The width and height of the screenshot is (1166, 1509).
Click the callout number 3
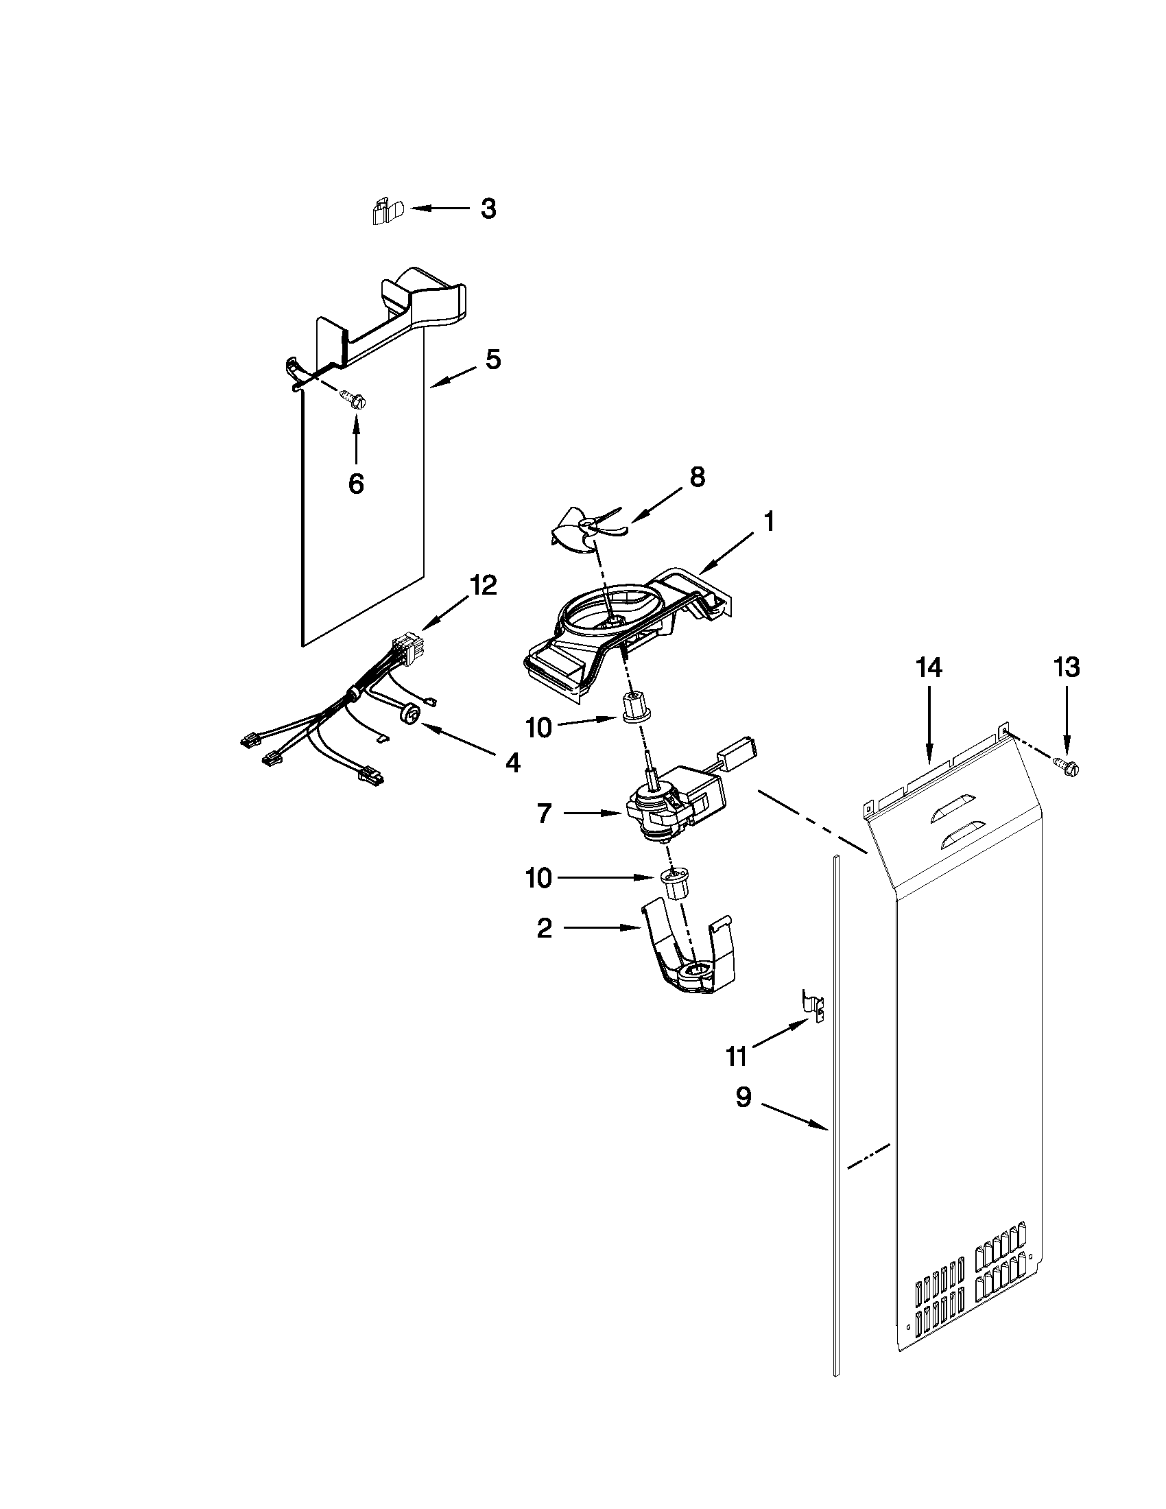[488, 209]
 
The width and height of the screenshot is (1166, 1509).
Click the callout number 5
[492, 359]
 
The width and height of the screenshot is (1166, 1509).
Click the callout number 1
[768, 522]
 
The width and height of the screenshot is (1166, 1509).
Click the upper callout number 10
[539, 727]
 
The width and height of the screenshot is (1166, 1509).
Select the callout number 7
[545, 814]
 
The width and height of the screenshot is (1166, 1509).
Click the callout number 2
[545, 929]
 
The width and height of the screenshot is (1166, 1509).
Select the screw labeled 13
[1067, 765]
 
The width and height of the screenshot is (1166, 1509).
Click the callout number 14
[929, 668]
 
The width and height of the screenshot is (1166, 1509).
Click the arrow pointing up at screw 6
[356, 439]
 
